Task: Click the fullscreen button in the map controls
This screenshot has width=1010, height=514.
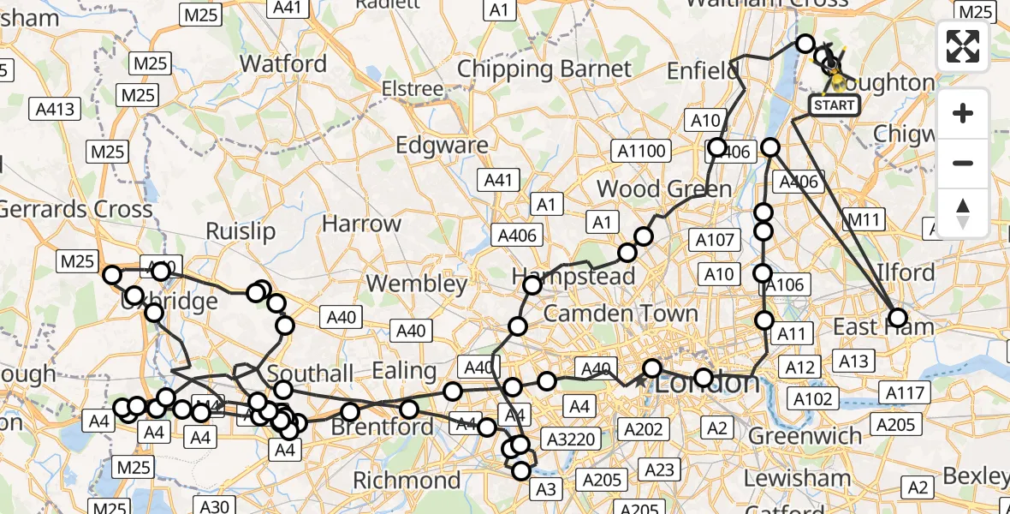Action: (x=963, y=46)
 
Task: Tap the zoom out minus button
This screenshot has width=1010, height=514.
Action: (x=963, y=163)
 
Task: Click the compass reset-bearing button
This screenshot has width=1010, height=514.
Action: (x=963, y=213)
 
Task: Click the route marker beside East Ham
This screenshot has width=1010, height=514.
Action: (x=898, y=318)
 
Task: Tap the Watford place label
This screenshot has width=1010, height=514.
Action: (x=283, y=63)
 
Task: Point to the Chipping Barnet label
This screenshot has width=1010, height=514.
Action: (x=544, y=69)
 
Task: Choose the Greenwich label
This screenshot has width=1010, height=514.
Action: (x=805, y=436)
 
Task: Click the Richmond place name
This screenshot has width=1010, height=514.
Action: (x=407, y=480)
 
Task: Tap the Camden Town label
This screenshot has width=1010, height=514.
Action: (x=621, y=314)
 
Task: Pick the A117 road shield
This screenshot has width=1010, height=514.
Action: (x=904, y=393)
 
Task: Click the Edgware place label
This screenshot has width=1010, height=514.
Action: (x=442, y=145)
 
